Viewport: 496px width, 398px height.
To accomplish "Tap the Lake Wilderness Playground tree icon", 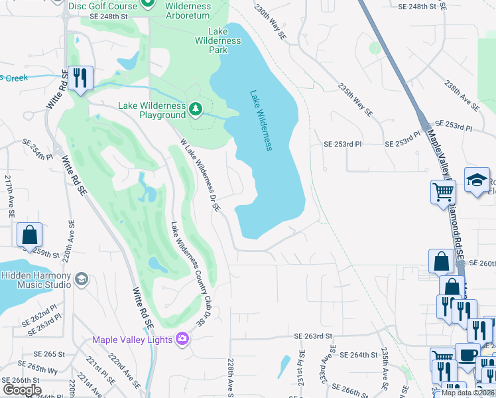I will (195, 107).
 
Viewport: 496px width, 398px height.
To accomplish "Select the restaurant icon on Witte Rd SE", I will (80, 78).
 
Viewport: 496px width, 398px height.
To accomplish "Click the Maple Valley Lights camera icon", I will (182, 340).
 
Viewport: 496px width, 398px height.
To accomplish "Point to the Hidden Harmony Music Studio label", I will (36, 280).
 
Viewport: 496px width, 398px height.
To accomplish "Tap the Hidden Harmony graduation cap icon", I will (82, 279).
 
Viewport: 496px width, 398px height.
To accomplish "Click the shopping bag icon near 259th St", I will (29, 235).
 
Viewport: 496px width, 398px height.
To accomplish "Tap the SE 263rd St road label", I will (314, 336).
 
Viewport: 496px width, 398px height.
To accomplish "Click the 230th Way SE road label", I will (270, 20).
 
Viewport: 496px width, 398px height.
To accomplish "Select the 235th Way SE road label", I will (355, 100).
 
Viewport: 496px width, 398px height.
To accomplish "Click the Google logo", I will (22, 390).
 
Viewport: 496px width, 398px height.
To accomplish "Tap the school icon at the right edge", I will (477, 180).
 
